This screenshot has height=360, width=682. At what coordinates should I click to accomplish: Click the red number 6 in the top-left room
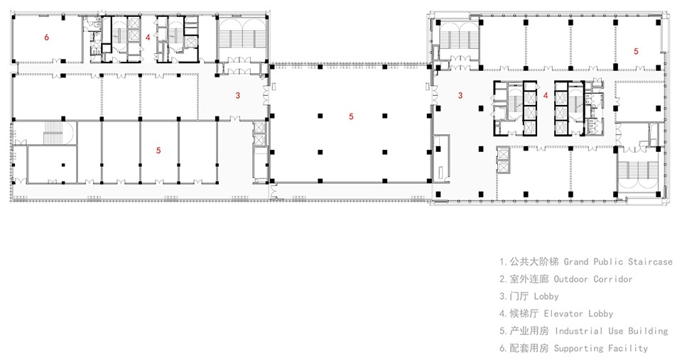tap(47, 37)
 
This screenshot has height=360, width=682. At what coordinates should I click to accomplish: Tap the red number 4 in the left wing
tap(148, 38)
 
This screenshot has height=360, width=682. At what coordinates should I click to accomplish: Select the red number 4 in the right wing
tap(546, 95)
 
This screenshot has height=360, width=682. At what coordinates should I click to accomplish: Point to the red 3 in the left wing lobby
tap(237, 95)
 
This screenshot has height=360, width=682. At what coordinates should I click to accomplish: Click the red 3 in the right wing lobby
tap(460, 95)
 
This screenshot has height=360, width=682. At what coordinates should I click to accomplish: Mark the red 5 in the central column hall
tap(351, 116)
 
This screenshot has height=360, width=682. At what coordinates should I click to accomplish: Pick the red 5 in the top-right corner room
tap(636, 51)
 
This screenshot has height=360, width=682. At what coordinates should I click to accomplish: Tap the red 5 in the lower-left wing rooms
tap(158, 151)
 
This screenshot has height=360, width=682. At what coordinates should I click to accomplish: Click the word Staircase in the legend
tap(650, 262)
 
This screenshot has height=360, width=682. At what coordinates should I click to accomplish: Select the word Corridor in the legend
tap(613, 279)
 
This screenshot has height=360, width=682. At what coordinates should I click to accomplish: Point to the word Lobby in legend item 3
tap(546, 297)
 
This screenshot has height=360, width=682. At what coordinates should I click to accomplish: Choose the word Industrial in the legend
tap(578, 332)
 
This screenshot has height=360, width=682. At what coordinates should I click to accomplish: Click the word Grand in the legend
tap(576, 262)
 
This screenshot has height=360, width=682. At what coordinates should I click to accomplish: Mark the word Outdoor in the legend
tap(570, 279)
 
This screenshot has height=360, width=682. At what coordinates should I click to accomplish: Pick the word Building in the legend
tap(648, 332)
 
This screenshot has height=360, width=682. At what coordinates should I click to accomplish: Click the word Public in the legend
tap(608, 262)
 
